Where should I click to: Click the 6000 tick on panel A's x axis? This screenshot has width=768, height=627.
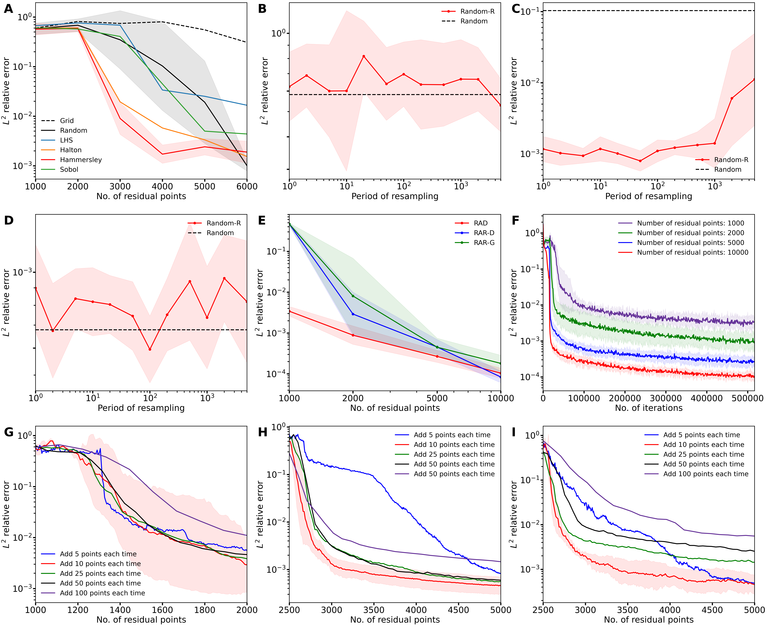point(247,186)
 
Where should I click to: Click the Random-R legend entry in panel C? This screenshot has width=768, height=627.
point(731,160)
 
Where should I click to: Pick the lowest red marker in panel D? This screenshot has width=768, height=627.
point(150,349)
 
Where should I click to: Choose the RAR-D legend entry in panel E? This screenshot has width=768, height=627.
point(484,233)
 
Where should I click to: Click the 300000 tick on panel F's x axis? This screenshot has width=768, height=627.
point(666,398)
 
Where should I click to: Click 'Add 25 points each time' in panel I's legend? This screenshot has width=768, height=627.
point(703,454)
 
